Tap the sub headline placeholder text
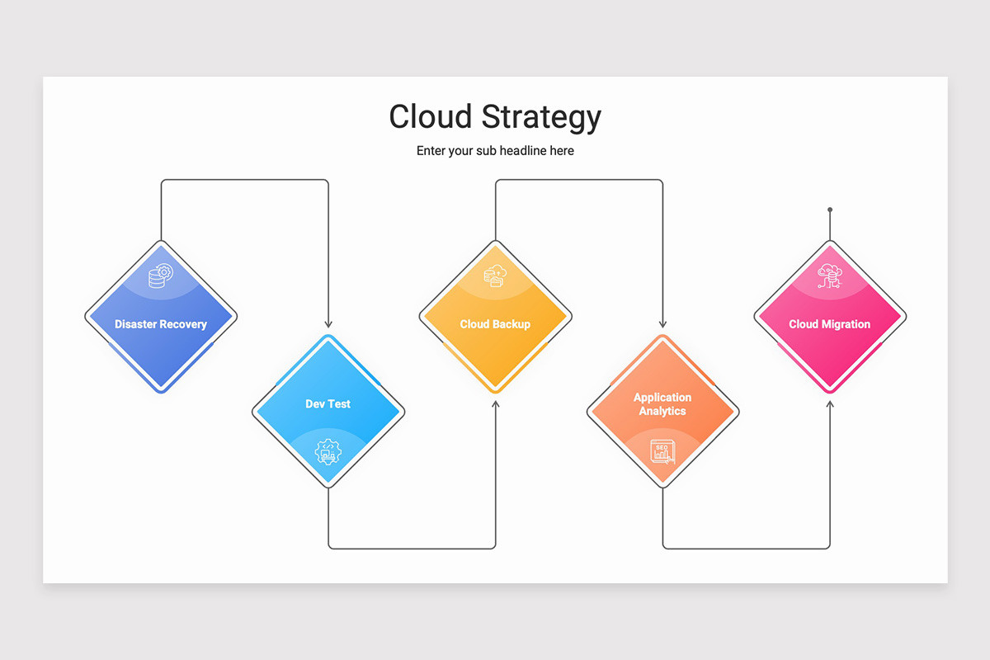pos(495,151)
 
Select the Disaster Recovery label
pos(161,324)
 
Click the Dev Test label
pos(328,403)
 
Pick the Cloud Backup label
pos(495,324)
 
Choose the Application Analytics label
pos(662,403)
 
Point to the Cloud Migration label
pos(829,324)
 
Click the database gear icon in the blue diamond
pos(160,276)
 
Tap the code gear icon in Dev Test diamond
pos(328,451)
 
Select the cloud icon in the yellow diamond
pos(495,276)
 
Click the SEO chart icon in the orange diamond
pos(662,451)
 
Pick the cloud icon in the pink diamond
pos(829,276)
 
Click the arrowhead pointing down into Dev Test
pos(328,324)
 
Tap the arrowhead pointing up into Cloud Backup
pos(496,404)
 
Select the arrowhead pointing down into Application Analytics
pos(662,324)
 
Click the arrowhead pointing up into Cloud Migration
pos(830,404)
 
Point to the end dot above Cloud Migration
pos(830,210)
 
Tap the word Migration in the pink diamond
pos(846,324)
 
